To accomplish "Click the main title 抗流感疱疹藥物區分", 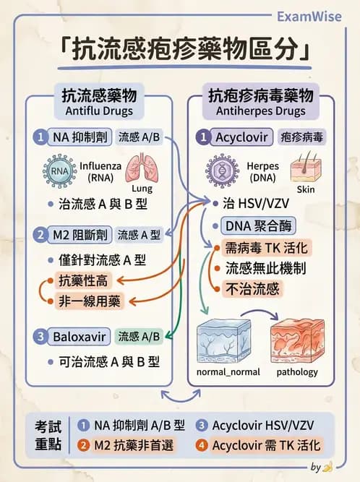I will point(180,51).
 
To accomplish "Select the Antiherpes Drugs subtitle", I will point(260,111).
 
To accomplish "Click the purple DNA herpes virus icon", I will point(222,171).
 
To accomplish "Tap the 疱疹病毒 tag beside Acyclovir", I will point(304,137).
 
